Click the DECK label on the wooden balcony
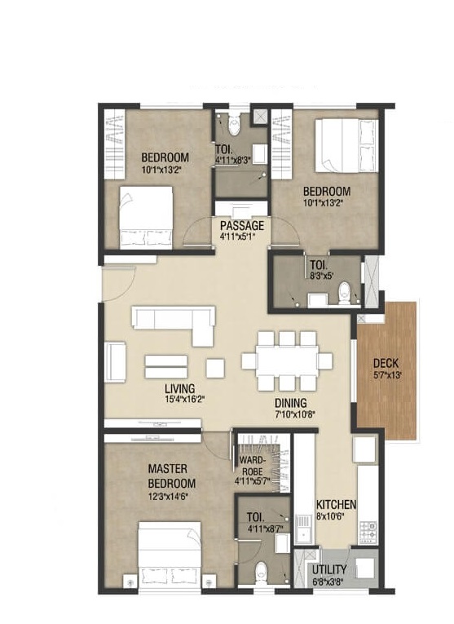tap(385, 363)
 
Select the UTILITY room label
tap(328, 569)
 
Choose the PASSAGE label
tap(242, 225)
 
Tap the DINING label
tap(290, 403)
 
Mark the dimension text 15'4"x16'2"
tap(183, 401)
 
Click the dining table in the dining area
tap(285, 360)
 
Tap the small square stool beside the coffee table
tap(215, 368)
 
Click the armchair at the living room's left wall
tap(116, 362)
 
